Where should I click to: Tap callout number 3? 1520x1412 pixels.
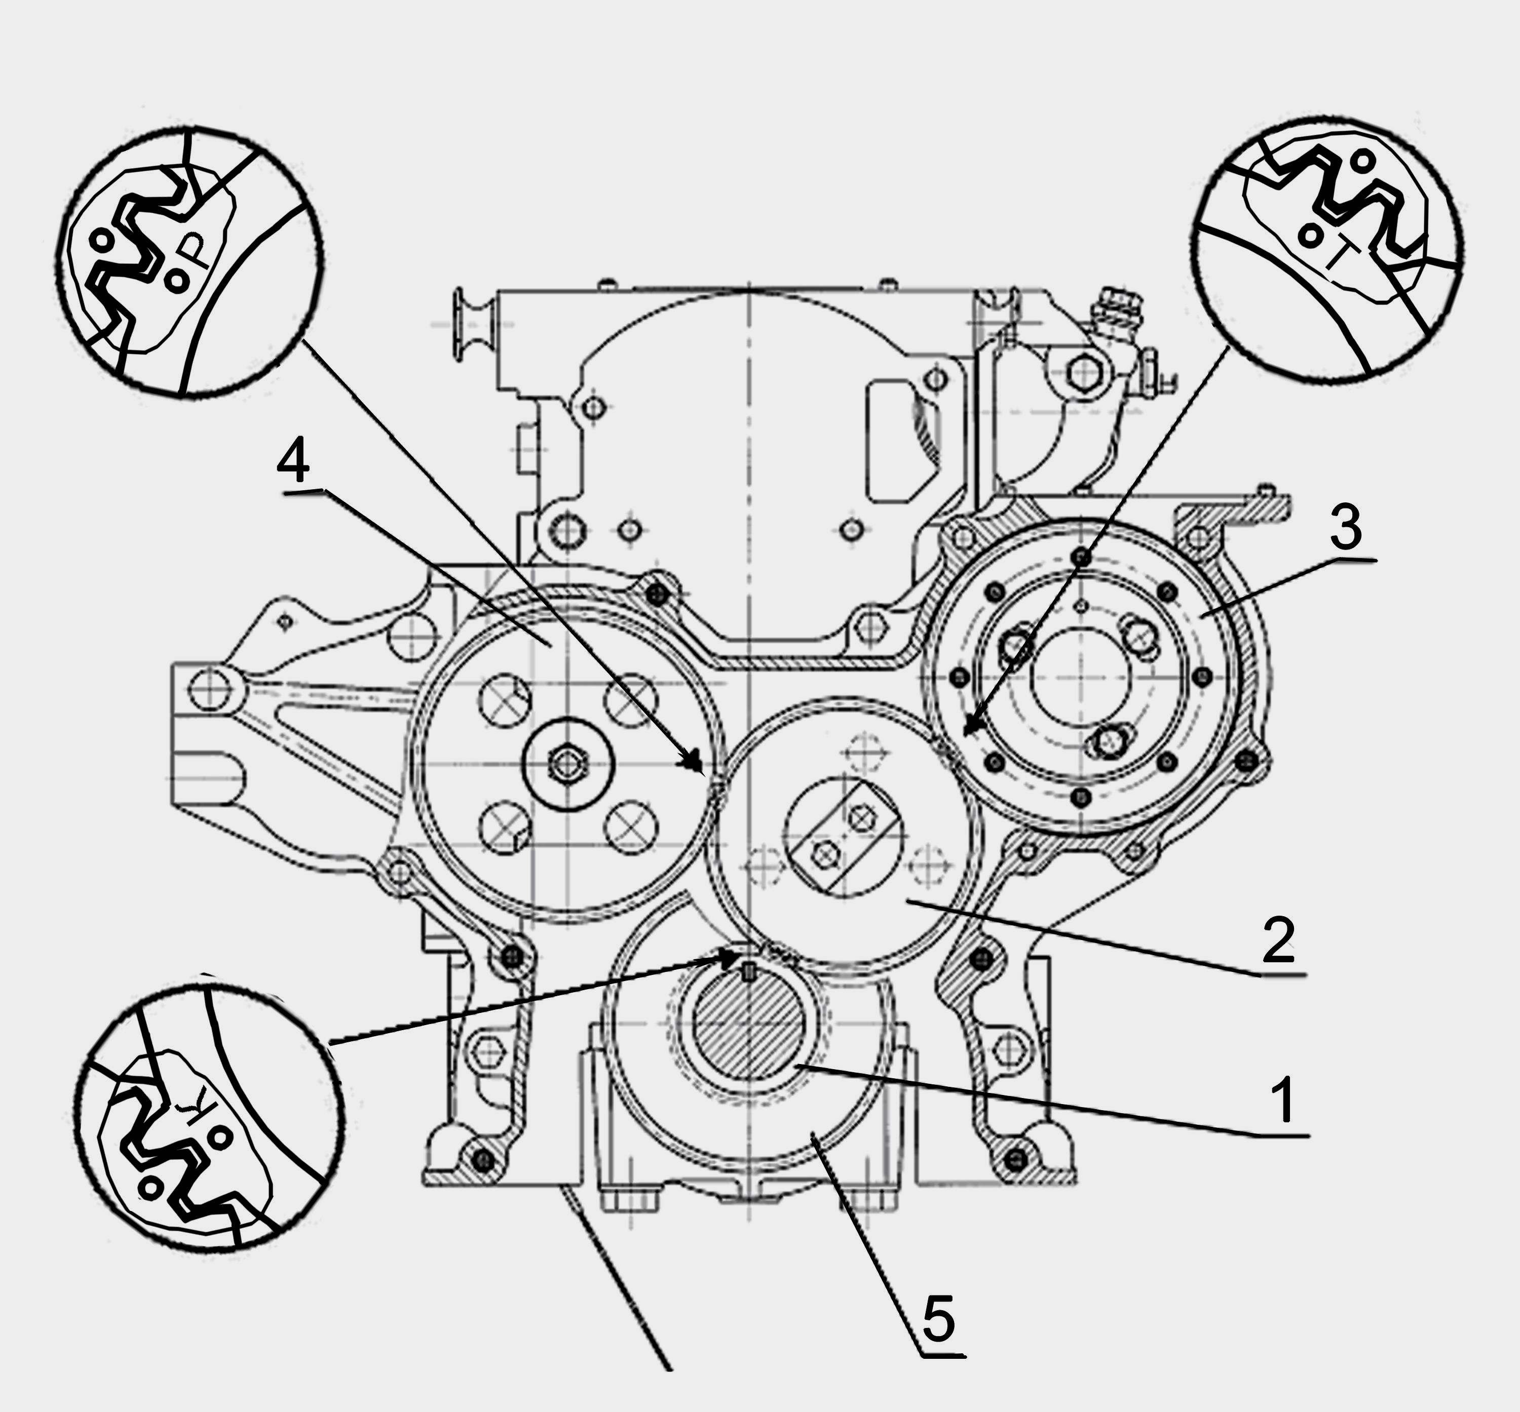pyautogui.click(x=1346, y=528)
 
